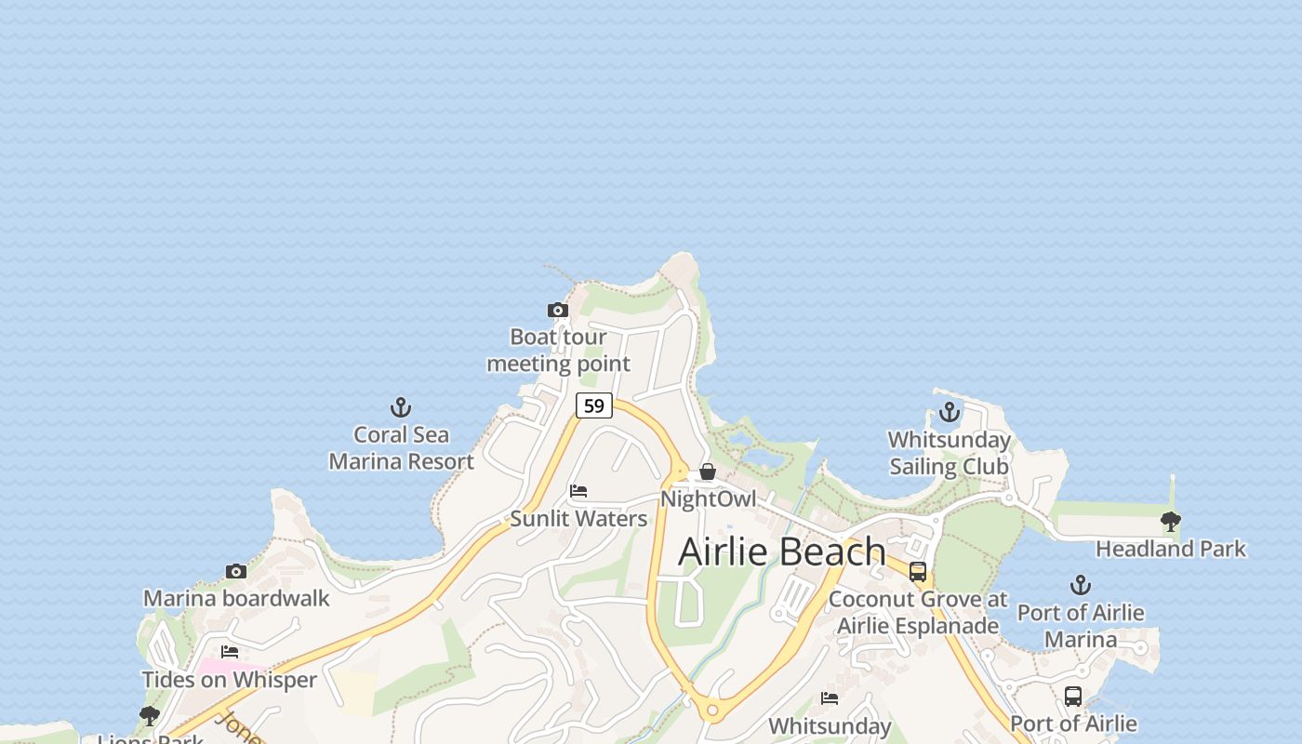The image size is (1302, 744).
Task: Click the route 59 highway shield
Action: (593, 405)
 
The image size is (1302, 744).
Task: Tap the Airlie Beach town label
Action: (781, 551)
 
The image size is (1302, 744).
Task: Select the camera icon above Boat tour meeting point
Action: (558, 310)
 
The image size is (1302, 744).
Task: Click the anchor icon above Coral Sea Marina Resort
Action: (401, 407)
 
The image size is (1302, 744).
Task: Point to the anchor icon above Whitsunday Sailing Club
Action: (949, 412)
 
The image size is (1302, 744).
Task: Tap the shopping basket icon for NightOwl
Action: (708, 472)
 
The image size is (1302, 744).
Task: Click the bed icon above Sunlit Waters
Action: (578, 491)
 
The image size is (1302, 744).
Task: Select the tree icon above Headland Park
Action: (1171, 522)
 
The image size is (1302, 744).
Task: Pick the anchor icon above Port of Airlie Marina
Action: (1080, 585)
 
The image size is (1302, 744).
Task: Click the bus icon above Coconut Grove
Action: (918, 572)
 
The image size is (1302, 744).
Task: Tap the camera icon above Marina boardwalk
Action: (236, 571)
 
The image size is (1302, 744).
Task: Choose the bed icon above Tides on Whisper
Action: (230, 652)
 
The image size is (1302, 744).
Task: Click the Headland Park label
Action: (1170, 549)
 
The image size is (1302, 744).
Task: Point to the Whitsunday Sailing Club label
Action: (949, 453)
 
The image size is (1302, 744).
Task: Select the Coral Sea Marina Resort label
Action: (401, 447)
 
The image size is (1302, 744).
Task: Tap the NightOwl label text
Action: (708, 499)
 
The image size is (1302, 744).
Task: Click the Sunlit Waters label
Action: (578, 519)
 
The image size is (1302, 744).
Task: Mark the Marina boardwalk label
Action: (236, 598)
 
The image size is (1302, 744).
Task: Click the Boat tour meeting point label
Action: (558, 351)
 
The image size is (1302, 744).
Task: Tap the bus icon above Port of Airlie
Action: (1073, 697)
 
